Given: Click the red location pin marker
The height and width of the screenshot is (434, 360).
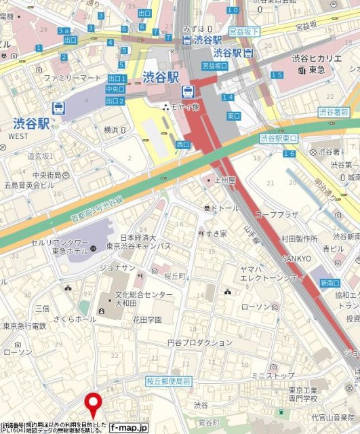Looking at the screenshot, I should coord(93,405).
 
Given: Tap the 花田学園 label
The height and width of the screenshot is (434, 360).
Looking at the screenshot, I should coord(146,319).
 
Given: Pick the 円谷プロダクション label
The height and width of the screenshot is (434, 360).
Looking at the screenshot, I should coord(200,342).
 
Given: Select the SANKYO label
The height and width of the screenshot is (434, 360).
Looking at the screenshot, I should coord(297,259).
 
